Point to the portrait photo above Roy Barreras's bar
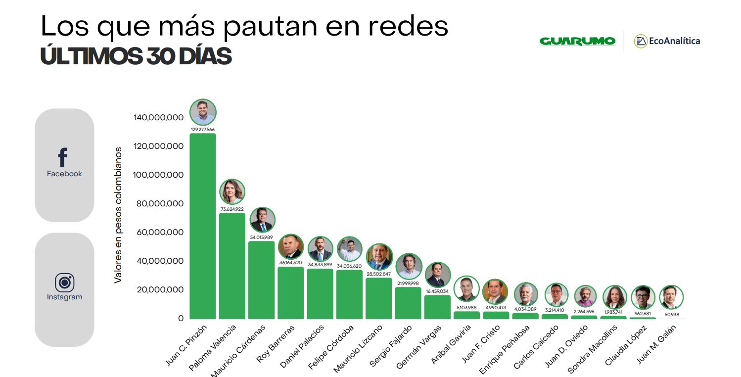click(291, 246)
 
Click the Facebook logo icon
click(63, 157)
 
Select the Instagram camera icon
click(64, 283)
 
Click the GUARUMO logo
click(577, 41)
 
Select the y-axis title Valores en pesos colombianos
click(118, 215)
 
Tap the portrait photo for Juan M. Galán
click(672, 297)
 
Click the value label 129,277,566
click(203, 130)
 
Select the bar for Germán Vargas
click(437, 307)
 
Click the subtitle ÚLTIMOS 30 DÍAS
click(136, 57)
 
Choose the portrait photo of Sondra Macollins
click(615, 297)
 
